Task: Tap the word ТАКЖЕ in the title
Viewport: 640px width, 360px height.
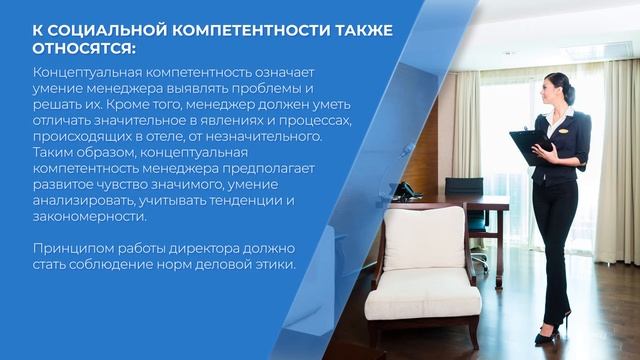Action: click(x=355, y=29)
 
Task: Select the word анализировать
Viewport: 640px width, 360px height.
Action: click(x=84, y=200)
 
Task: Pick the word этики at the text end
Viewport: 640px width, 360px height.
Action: click(x=276, y=264)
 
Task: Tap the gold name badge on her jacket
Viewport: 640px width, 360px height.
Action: click(x=566, y=128)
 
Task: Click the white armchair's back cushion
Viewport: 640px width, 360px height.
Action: click(x=424, y=239)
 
